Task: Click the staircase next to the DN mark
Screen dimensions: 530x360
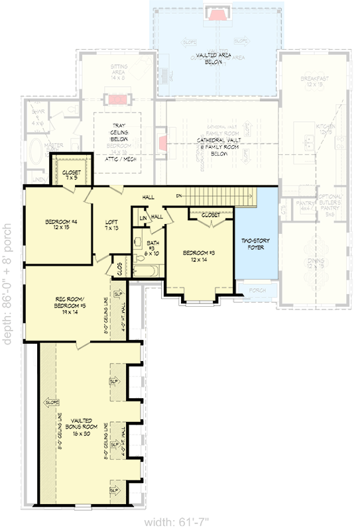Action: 219,196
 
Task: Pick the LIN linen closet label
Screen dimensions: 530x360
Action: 143,217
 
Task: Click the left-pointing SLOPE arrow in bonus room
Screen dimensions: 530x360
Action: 52,402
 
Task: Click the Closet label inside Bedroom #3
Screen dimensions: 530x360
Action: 211,215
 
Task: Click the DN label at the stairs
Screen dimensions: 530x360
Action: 178,196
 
